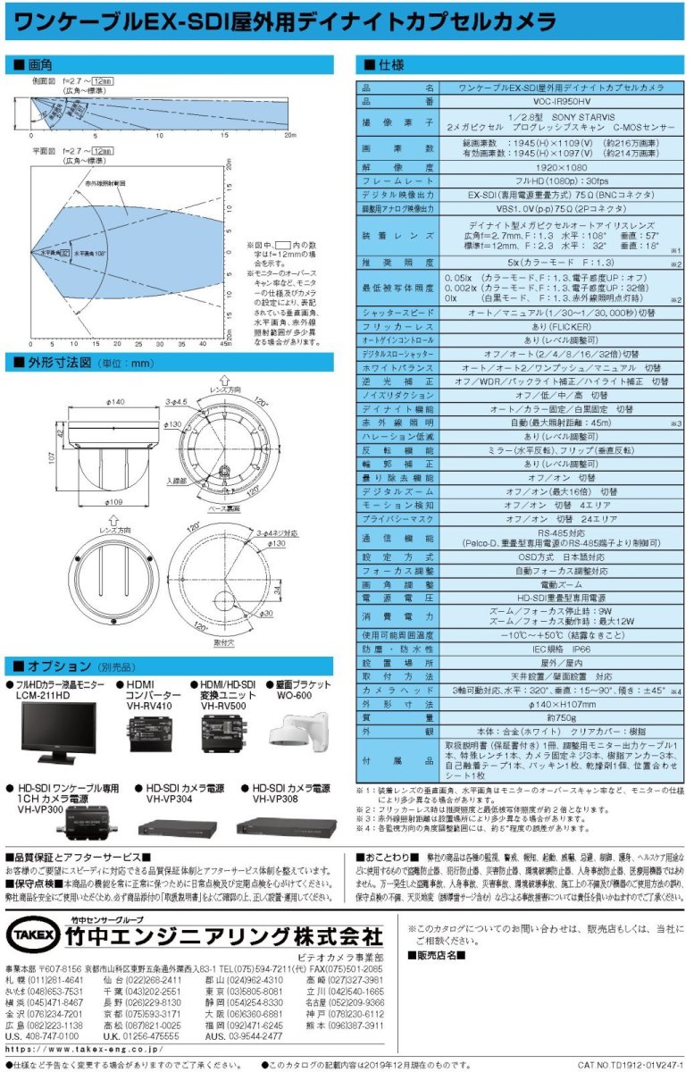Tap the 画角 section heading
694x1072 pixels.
40,65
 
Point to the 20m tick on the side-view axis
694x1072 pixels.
289,136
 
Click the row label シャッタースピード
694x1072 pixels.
398,313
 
